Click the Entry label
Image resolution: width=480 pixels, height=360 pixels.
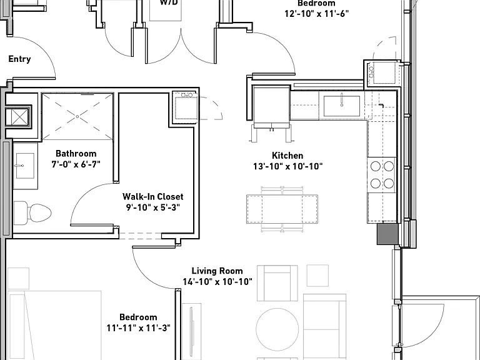(x=19, y=59)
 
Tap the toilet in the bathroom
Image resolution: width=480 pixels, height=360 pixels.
(x=32, y=212)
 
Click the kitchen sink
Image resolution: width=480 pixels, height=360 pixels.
(x=342, y=106)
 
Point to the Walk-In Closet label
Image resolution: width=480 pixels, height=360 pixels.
(x=152, y=196)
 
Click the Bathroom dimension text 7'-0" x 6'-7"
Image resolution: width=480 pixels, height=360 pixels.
(x=76, y=164)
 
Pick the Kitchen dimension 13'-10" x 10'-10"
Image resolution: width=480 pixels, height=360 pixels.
(x=287, y=166)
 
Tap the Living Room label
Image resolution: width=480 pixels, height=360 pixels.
(x=217, y=271)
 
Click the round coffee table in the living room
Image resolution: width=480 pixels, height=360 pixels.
(x=277, y=329)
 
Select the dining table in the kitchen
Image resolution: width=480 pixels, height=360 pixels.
(x=282, y=209)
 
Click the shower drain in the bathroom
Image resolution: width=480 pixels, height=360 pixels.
(x=77, y=117)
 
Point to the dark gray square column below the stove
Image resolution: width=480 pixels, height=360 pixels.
(x=387, y=234)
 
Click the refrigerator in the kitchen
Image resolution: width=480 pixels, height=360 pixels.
(x=271, y=107)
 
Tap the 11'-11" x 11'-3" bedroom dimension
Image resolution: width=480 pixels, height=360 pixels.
(x=138, y=328)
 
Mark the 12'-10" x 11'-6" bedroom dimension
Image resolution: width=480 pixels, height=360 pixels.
(x=316, y=14)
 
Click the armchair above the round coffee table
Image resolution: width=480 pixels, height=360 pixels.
(x=277, y=283)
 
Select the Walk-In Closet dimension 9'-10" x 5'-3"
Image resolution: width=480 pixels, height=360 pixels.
(x=152, y=207)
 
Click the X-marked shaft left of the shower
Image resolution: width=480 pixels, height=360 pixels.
(x=17, y=117)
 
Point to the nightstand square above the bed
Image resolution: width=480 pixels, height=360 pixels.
(x=18, y=278)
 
